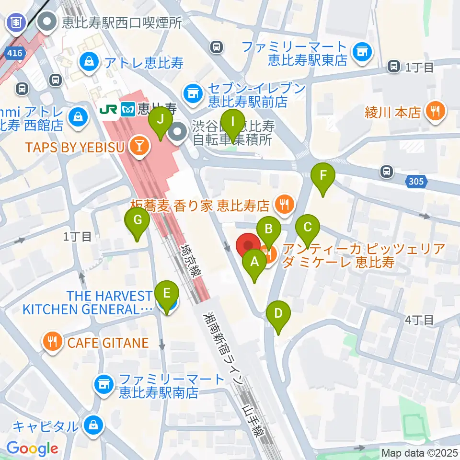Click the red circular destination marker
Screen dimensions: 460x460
tap(248, 246)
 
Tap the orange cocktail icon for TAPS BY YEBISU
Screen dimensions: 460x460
tap(140, 148)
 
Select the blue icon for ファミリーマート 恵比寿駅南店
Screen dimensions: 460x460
tap(104, 384)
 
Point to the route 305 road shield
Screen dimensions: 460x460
tap(416, 181)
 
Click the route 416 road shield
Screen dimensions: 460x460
tap(14, 53)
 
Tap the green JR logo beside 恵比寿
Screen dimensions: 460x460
tap(108, 109)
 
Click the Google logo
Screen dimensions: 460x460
tap(32, 448)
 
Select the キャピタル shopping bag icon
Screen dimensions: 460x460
tap(92, 425)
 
